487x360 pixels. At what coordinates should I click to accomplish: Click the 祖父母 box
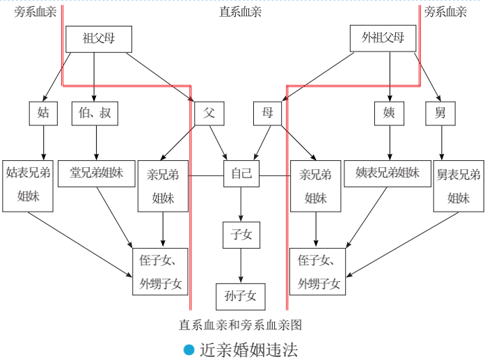[x=98, y=39]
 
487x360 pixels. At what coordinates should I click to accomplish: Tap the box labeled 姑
[x=43, y=113]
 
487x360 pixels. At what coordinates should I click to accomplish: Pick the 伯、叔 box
[x=95, y=113]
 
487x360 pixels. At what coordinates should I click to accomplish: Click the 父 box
[x=209, y=113]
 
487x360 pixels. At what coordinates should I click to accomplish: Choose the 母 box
[x=267, y=113]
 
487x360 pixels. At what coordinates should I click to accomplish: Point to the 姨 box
[x=389, y=113]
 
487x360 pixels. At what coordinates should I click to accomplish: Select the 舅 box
[x=440, y=113]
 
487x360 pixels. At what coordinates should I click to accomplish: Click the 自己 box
[x=241, y=174]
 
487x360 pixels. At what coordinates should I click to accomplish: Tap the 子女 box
[x=241, y=235]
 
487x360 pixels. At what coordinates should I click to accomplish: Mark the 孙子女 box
[x=241, y=296]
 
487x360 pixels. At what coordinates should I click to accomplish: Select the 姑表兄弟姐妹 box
[x=29, y=185]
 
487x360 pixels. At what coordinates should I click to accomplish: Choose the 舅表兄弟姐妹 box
[x=458, y=185]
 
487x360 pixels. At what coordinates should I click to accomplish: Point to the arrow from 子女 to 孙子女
[x=241, y=265]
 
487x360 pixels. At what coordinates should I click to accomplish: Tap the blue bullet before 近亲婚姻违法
[x=189, y=350]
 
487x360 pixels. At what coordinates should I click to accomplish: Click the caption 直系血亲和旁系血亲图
[x=240, y=324]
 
